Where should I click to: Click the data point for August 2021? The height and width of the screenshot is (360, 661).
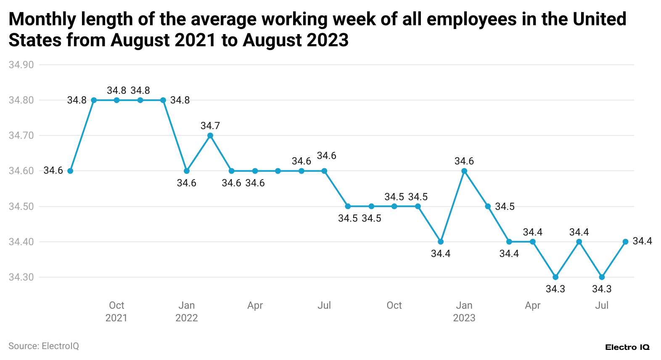70,171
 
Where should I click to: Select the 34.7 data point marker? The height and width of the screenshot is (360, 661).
210,135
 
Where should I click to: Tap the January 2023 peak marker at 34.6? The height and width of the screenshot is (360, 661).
464,171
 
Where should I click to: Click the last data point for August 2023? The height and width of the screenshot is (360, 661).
625,242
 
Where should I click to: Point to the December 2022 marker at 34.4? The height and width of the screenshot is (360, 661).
441,242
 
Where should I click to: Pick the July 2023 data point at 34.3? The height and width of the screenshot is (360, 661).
602,277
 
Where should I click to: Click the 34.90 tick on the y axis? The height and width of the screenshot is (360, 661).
21,65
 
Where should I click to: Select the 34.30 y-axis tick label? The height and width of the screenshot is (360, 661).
21,277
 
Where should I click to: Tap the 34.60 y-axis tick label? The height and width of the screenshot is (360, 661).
21,171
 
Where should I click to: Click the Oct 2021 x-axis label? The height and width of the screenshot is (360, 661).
116,311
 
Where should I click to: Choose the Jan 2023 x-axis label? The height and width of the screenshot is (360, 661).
464,311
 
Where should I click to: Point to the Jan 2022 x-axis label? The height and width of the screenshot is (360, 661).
187,311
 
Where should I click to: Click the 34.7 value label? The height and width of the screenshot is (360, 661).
210,126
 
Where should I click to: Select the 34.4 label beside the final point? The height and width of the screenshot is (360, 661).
642,241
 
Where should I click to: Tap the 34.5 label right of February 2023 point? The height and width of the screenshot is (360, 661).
505,206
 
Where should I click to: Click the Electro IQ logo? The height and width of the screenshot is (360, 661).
627,347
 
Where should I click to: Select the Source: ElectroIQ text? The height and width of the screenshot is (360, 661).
44,346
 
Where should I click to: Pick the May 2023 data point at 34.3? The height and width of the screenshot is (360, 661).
555,277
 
